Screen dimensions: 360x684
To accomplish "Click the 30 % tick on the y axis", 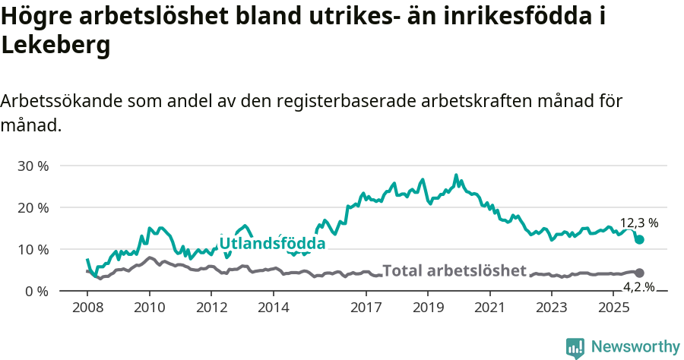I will [32, 166].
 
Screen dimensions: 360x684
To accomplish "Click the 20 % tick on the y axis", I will [32, 207].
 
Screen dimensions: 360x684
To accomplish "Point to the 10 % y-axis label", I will [32, 249].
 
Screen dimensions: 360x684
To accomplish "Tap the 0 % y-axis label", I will [36, 291].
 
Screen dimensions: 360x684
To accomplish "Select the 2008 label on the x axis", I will [87, 307].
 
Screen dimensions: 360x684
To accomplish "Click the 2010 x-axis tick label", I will [149, 307].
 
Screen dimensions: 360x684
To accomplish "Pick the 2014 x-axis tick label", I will [273, 307].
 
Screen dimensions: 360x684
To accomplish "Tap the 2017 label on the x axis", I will [366, 307].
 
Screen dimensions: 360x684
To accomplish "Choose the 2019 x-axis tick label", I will [428, 307].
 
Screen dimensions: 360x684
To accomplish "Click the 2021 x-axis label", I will [489, 307].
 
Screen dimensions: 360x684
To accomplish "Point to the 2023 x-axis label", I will [552, 307].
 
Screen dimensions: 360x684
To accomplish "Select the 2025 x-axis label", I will [613, 307].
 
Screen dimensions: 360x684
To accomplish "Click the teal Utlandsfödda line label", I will [272, 244].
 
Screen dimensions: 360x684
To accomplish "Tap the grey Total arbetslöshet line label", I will [454, 271].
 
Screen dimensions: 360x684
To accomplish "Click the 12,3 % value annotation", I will [638, 223].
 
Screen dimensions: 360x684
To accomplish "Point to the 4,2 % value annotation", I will [638, 286].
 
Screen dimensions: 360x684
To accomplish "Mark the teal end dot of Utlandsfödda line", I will [640, 240].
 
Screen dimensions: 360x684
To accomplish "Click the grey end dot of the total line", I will [639, 273].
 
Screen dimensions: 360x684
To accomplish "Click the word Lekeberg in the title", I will [56, 45].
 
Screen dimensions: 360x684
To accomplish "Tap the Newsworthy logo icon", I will [575, 347].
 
